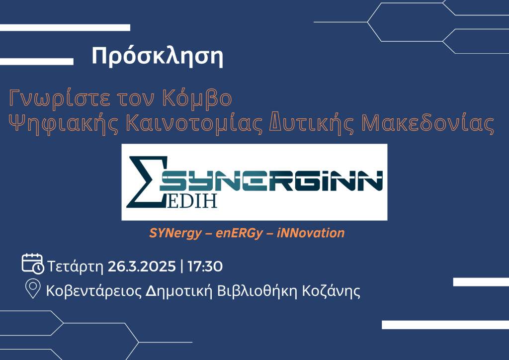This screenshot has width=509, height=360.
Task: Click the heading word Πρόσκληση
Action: [x=158, y=57]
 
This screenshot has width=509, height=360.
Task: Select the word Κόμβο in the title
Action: [x=197, y=98]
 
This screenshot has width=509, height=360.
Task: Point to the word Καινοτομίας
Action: [x=194, y=124]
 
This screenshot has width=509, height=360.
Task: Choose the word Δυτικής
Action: [x=312, y=124]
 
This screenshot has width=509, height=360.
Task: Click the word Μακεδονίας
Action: [x=428, y=123]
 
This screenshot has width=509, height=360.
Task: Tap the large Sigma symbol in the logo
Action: [x=147, y=182]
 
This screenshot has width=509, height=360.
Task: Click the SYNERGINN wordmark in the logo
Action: [x=271, y=181]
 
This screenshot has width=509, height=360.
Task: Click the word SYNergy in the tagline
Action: [x=175, y=233]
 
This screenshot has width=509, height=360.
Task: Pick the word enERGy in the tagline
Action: [x=239, y=233]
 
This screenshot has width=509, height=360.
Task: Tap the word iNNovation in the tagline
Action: [x=311, y=233]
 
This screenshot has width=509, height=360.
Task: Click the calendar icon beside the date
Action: [x=33, y=264]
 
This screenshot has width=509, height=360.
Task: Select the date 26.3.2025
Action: [x=142, y=267]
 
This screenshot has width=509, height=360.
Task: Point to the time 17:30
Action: [x=205, y=267]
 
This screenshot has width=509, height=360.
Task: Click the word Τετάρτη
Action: [x=76, y=267]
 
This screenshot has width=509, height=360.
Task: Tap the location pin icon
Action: [x=33, y=288]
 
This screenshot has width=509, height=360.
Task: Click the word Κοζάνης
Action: [x=331, y=291]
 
